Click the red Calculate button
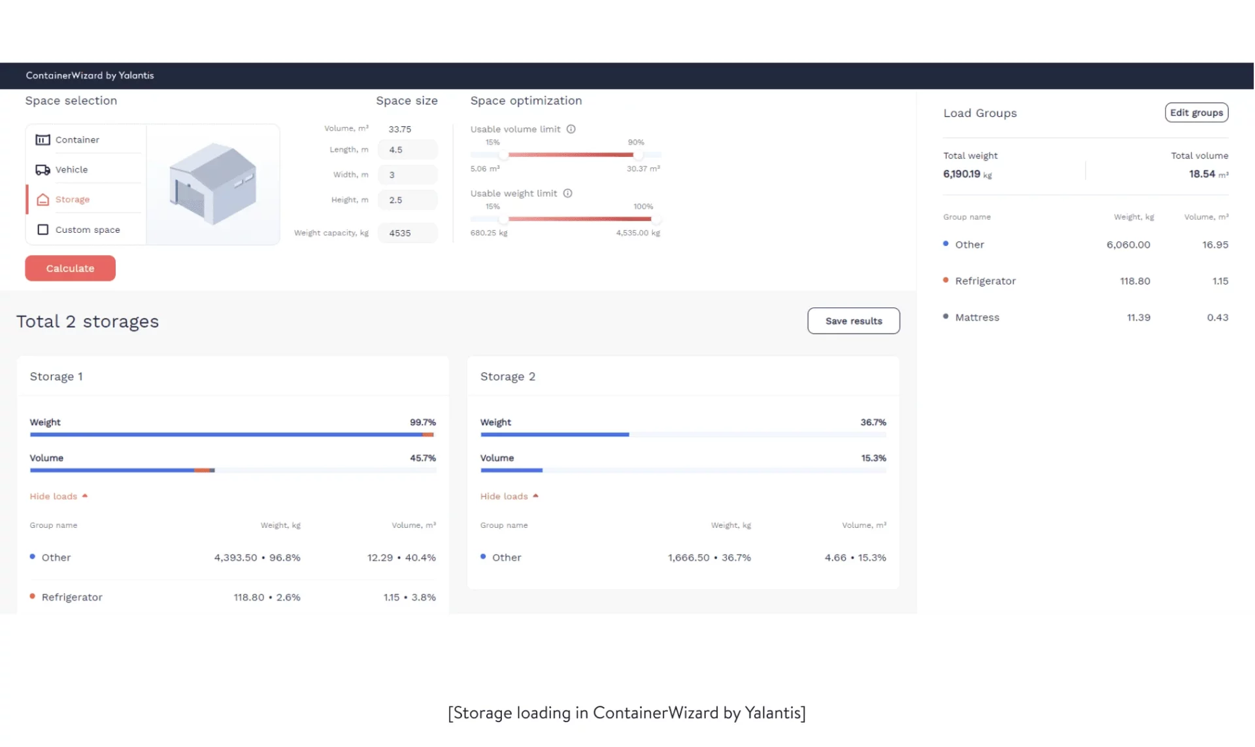70,268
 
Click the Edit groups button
1196,113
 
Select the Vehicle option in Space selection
71,169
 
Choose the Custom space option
87,230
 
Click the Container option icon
42,140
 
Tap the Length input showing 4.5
407,150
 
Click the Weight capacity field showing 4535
407,233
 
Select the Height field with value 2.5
407,200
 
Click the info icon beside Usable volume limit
571,129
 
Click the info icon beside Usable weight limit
567,193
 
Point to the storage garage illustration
212,184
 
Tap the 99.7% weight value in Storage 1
422,423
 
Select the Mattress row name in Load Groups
977,317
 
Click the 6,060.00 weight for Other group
1128,245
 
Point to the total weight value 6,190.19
961,174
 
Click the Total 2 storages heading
88,322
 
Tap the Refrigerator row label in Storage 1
72,597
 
